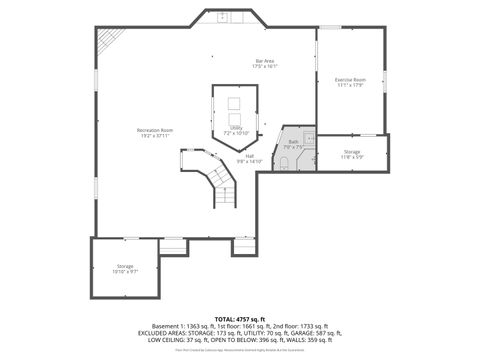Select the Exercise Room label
[x=349, y=79]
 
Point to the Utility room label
[x=236, y=127]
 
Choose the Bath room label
[x=294, y=142]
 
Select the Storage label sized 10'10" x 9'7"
[x=124, y=266]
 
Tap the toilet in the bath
[x=284, y=160]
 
